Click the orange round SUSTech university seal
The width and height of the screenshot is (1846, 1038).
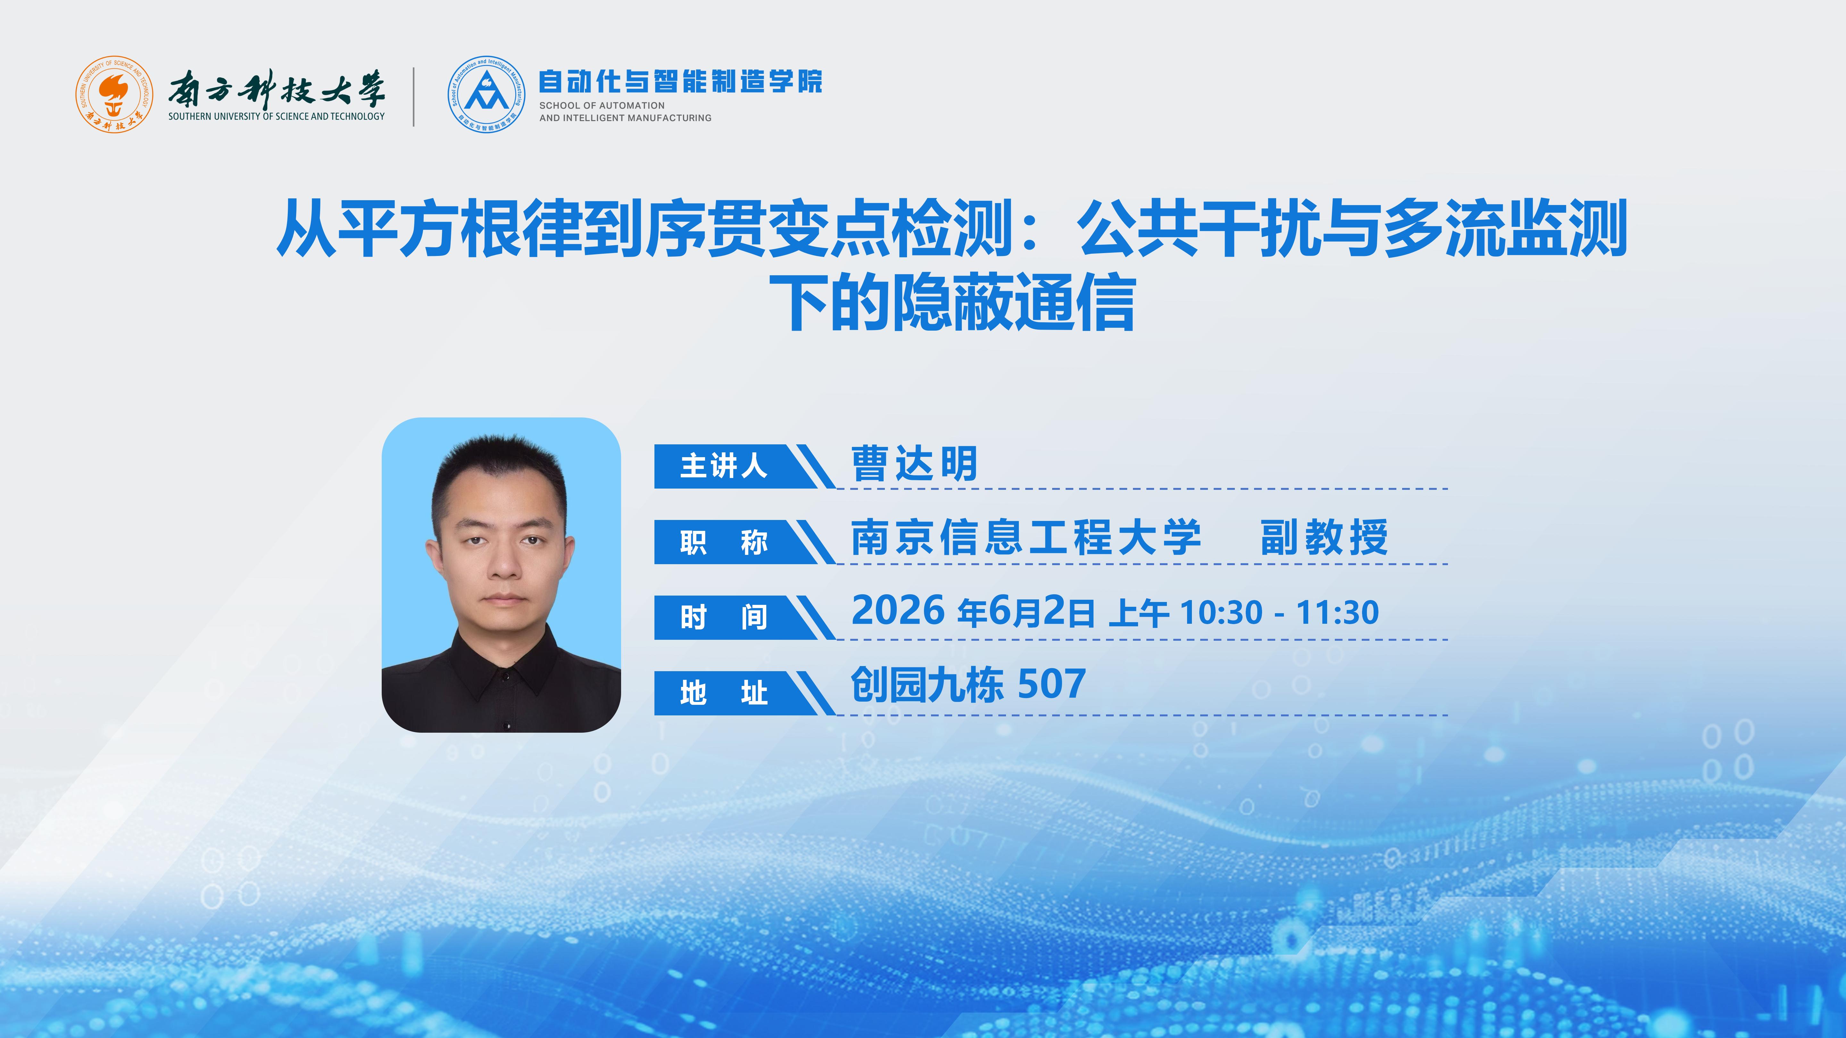click(x=114, y=95)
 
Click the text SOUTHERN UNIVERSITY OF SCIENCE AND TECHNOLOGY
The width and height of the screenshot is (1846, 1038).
click(x=277, y=116)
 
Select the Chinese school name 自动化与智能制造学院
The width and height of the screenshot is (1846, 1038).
click(x=680, y=82)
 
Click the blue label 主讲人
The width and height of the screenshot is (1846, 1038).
click(x=724, y=466)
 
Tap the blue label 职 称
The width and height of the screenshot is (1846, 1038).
click(x=724, y=542)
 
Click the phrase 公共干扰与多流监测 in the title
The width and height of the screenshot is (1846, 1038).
click(x=1353, y=228)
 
